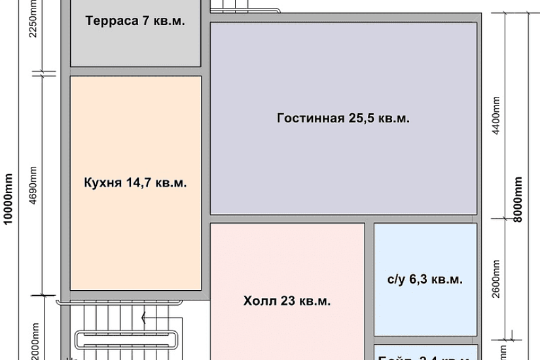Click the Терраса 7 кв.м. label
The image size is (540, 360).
[x=135, y=20]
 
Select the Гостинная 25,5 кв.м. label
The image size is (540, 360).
[x=343, y=118]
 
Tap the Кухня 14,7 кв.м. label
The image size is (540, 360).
[x=135, y=183]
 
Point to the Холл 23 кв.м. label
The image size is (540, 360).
[x=287, y=302]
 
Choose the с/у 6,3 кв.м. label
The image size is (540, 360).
[x=425, y=279]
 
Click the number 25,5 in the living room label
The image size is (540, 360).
[x=360, y=118]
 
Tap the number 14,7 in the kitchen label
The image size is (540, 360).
[x=139, y=183]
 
